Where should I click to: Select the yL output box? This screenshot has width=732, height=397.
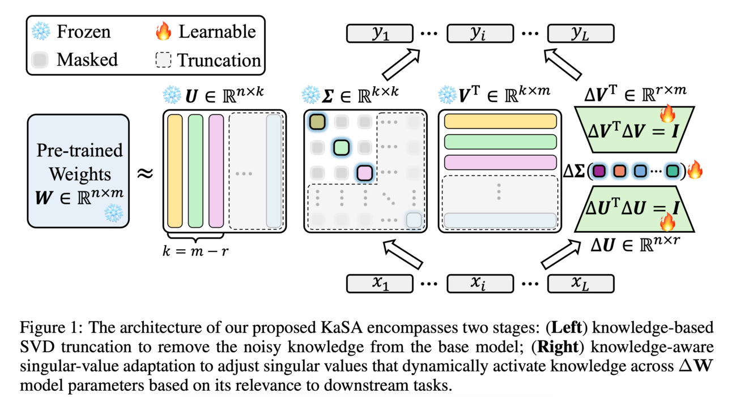tap(580, 33)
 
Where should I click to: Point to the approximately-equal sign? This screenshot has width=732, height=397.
tap(146, 173)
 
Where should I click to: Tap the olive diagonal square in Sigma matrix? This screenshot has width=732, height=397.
tap(317, 121)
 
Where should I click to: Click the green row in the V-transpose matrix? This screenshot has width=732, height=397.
tap(500, 142)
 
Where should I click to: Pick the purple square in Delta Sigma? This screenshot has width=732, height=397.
tap(601, 170)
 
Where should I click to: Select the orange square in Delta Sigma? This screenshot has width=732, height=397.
tap(620, 170)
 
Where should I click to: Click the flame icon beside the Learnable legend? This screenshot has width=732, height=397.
tap(163, 32)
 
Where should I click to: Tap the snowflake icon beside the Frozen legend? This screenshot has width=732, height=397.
tap(41, 32)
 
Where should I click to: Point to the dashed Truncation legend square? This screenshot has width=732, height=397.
tap(163, 59)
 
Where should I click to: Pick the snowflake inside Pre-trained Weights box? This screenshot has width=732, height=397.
tap(113, 214)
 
